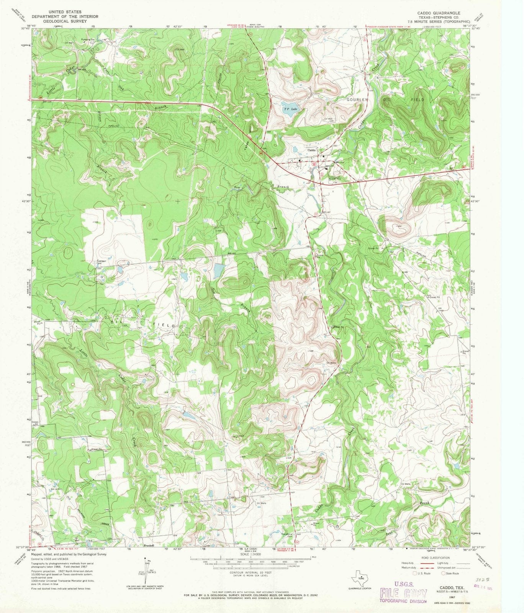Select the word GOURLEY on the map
357,100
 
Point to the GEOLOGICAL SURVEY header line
65,21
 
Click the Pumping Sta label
87,39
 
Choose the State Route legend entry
450,574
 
